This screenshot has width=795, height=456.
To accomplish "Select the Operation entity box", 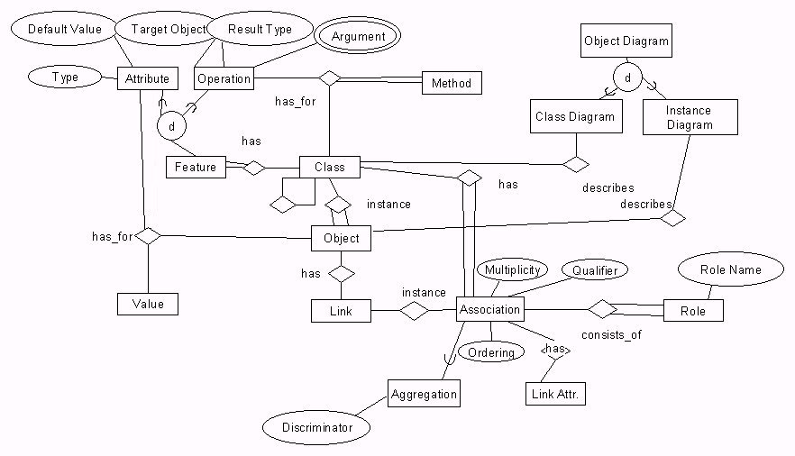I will click(224, 79).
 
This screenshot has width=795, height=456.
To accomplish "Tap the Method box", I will click(452, 84).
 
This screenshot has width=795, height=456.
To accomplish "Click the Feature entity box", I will click(196, 167).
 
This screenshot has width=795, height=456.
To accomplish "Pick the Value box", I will click(148, 304).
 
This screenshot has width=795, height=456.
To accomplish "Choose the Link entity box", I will click(341, 312).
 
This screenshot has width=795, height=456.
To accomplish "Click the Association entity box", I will click(490, 309).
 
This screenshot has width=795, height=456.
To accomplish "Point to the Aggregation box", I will click(424, 394).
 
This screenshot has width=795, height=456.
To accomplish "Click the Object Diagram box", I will click(626, 41).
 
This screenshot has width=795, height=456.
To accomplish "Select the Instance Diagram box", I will click(690, 118).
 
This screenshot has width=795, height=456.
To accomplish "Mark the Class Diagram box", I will click(575, 116).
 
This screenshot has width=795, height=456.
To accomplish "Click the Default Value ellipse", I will click(63, 30).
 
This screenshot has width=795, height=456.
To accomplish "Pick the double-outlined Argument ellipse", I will click(358, 37).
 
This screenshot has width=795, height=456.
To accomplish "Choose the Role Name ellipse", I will click(730, 269).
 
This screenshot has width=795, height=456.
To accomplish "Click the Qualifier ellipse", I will click(594, 269).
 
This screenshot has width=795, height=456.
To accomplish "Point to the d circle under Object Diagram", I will click(628, 79).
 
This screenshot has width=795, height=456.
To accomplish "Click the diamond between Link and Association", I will click(414, 311).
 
